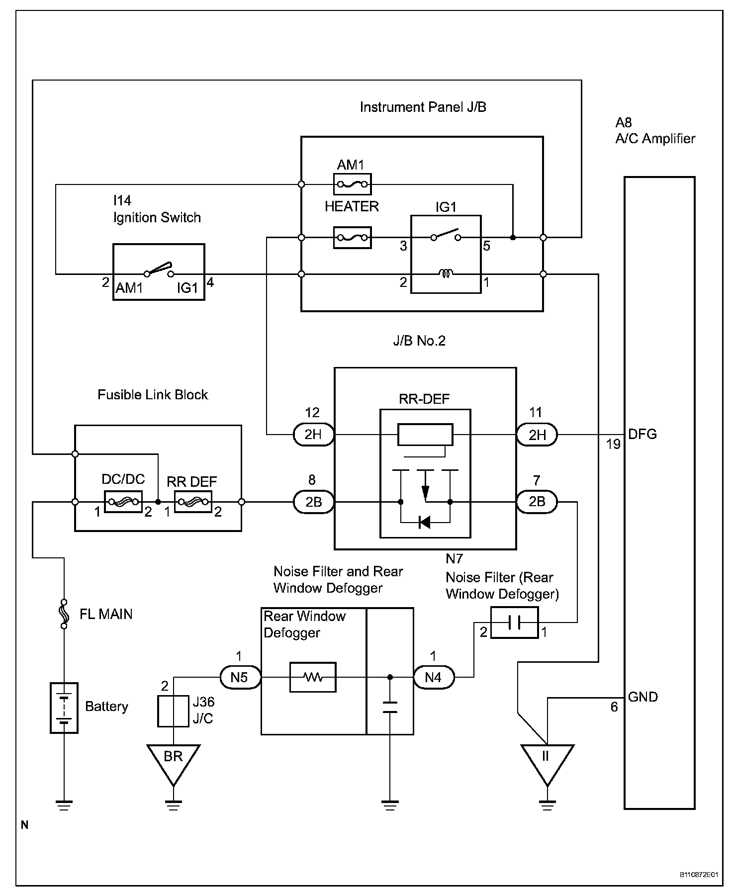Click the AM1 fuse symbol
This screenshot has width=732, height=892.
tap(352, 184)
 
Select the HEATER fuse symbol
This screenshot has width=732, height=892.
tap(352, 238)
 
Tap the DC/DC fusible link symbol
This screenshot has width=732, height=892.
tap(123, 502)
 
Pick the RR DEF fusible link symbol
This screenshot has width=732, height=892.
tap(193, 502)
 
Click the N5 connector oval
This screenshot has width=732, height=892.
tap(240, 677)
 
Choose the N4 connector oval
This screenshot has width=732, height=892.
tap(434, 677)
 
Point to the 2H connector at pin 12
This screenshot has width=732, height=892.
tap(313, 435)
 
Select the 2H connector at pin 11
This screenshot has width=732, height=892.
tap(537, 435)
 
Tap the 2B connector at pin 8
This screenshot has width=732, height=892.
tap(313, 502)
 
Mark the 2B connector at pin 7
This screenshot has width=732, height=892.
tap(537, 502)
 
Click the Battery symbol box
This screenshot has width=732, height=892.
tap(64, 708)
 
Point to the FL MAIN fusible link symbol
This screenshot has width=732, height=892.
tap(64, 613)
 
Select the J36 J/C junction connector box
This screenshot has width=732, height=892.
tap(173, 711)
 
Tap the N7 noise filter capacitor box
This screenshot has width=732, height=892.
tap(514, 622)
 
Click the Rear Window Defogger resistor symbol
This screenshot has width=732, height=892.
tap(313, 677)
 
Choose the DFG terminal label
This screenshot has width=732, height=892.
tap(642, 434)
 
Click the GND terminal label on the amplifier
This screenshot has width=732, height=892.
tap(643, 697)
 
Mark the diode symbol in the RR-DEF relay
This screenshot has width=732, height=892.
tap(424, 522)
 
